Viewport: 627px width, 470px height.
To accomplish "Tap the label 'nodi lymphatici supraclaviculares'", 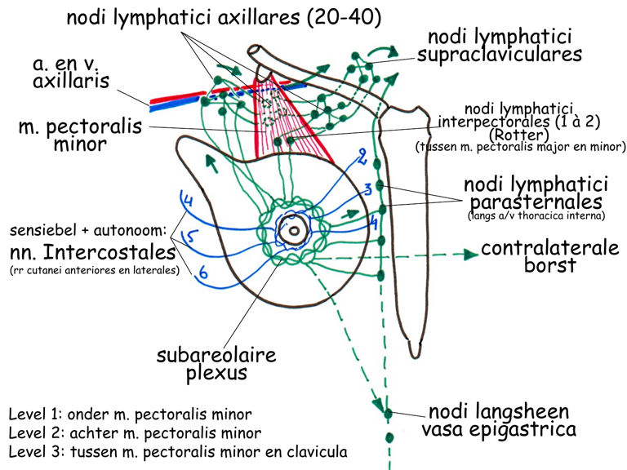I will coord(499,47).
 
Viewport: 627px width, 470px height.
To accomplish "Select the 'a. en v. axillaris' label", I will coord(70,73).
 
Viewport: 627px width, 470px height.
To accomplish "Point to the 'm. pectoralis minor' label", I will coord(79,136).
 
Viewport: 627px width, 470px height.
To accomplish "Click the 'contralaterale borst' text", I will coord(549,257).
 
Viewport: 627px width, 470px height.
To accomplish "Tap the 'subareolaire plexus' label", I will coord(216,364).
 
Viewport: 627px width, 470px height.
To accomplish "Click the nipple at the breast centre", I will coord(291,232).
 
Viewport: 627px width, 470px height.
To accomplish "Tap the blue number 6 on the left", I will coord(203,276).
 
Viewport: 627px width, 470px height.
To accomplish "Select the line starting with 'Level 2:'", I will coord(136,432).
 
